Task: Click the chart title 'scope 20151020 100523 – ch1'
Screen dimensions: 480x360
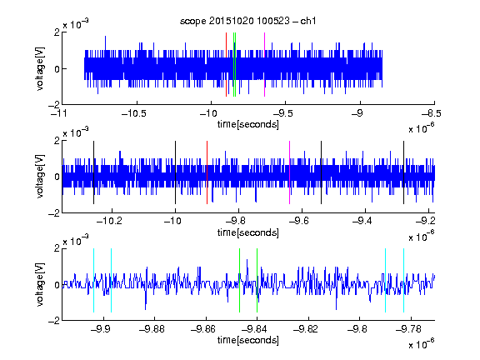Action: pyautogui.click(x=247, y=21)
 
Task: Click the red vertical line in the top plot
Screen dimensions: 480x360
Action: pyautogui.click(x=226, y=65)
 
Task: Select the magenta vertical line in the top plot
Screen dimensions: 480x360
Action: pyautogui.click(x=264, y=65)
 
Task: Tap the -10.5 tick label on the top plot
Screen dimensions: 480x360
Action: pyautogui.click(x=134, y=114)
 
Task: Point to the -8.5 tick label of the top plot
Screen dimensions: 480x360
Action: pyautogui.click(x=432, y=114)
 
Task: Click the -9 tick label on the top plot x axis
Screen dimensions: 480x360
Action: pyautogui.click(x=357, y=114)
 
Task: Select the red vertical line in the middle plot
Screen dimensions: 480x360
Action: pyautogui.click(x=207, y=172)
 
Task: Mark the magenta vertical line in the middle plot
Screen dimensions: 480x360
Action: pyautogui.click(x=290, y=172)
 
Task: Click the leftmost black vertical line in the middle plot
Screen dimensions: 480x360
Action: pyautogui.click(x=93, y=172)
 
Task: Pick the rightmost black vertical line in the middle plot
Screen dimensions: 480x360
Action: pyautogui.click(x=403, y=172)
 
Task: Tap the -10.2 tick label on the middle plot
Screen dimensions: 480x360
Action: pyautogui.click(x=109, y=221)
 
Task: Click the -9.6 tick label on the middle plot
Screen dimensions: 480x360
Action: pyautogui.click(x=299, y=221)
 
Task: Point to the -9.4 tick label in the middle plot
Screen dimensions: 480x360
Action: pyautogui.click(x=362, y=221)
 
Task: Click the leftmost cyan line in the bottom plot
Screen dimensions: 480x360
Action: pyautogui.click(x=93, y=280)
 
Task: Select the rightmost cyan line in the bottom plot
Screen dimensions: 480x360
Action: pyautogui.click(x=403, y=280)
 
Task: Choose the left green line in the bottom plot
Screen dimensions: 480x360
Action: pyautogui.click(x=239, y=280)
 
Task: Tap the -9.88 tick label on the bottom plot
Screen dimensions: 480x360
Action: pyautogui.click(x=152, y=329)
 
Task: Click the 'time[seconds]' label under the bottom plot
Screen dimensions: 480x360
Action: pyautogui.click(x=248, y=340)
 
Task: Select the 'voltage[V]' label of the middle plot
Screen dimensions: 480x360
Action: pyautogui.click(x=40, y=177)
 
